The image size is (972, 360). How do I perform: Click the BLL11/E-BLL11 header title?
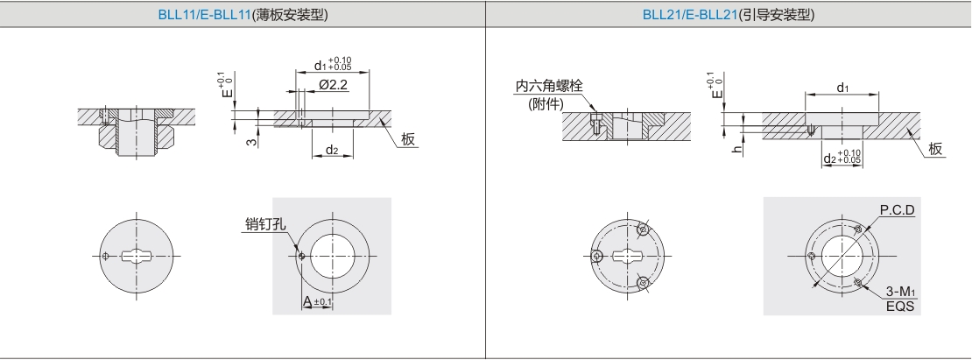point(243,15)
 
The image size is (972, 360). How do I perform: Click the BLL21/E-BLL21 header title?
point(729,15)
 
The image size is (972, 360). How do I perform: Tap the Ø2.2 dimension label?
point(333,85)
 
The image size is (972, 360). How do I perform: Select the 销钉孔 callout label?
point(265,224)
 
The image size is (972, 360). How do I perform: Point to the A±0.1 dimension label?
point(317,302)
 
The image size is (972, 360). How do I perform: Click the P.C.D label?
point(897,210)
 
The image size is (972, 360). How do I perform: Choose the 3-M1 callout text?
point(901,292)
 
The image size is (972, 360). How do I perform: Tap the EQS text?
point(901,306)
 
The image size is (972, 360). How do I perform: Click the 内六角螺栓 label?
point(549,86)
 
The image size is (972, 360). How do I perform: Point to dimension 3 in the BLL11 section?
point(250,142)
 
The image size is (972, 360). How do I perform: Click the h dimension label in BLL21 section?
point(737,149)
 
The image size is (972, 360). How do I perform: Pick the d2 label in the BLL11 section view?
point(332,149)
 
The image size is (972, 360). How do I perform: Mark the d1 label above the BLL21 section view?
point(842,88)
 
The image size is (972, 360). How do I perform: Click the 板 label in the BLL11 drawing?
point(408,139)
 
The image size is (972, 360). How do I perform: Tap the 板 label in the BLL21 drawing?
point(935,149)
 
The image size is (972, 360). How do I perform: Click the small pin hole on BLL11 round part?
point(106,255)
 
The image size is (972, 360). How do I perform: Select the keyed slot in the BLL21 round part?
point(629,255)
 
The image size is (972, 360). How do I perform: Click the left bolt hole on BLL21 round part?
point(597,255)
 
